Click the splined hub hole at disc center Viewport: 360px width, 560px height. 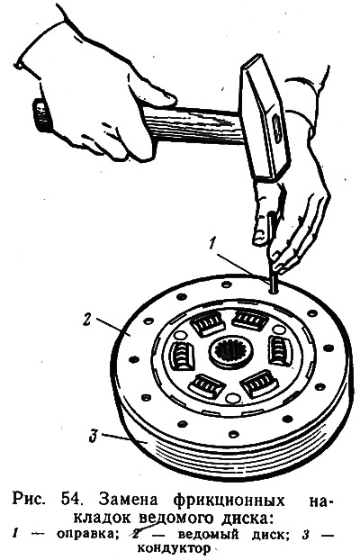pos(231,354)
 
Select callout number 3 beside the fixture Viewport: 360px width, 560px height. pos(94,438)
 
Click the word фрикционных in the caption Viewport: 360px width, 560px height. pos(229,501)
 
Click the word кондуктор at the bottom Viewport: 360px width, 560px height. pos(174,548)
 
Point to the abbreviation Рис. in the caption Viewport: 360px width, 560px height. pos(30,500)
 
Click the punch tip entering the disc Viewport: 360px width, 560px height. pos(273,290)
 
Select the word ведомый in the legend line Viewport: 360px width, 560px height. pos(208,535)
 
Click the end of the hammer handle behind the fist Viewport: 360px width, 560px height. pos(40,115)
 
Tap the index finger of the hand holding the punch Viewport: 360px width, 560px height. pos(261,214)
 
